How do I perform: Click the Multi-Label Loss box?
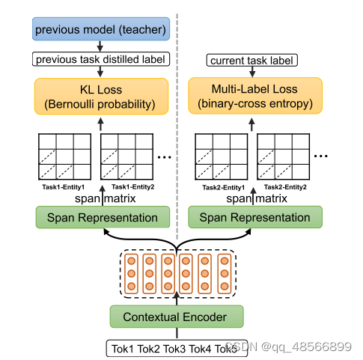click(x=254, y=94)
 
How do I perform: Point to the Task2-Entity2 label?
click(x=284, y=186)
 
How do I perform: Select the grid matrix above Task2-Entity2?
click(x=284, y=155)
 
